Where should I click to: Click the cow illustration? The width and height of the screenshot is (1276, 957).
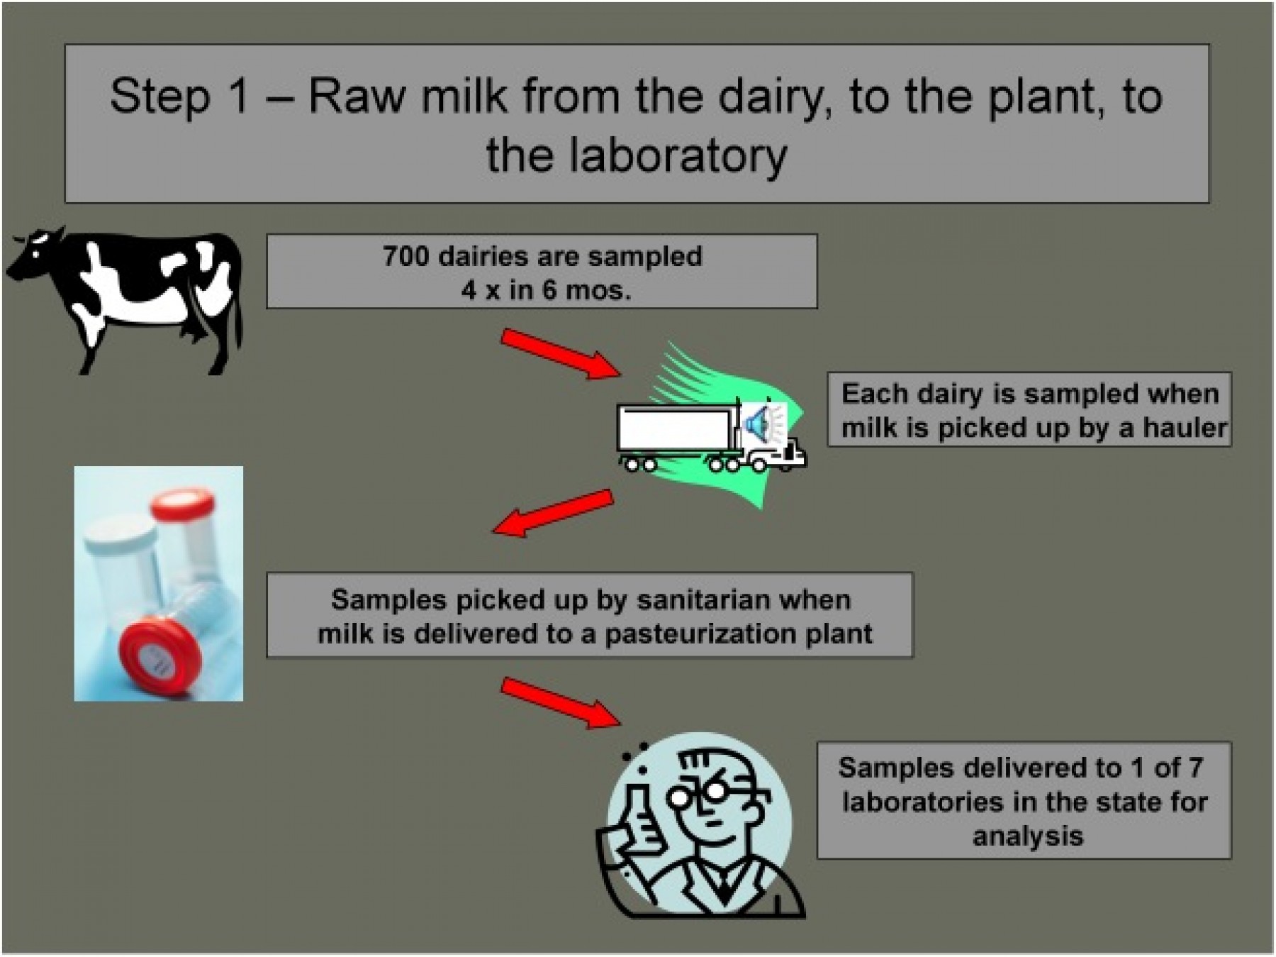click(x=128, y=298)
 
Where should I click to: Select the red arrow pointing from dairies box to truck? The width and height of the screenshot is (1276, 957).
click(x=561, y=353)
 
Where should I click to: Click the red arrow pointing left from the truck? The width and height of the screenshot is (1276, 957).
click(x=553, y=512)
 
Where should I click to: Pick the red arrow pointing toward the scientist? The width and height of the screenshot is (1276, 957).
click(x=561, y=702)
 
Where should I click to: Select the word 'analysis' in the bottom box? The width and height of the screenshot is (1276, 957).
click(x=1028, y=836)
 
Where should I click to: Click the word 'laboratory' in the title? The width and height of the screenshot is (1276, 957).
click(x=678, y=155)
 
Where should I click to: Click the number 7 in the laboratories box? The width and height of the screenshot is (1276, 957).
click(x=1194, y=768)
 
